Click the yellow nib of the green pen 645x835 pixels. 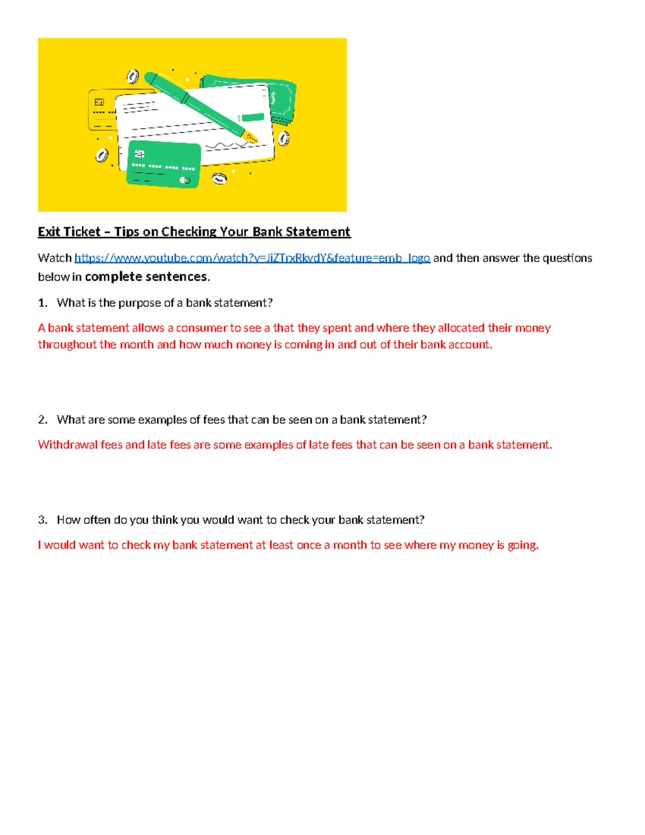coord(250,137)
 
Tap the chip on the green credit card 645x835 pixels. coord(140,154)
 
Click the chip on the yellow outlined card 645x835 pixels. coord(99,102)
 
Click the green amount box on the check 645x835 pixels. coord(253,117)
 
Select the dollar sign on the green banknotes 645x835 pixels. coord(274,98)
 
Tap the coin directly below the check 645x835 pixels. coord(219,179)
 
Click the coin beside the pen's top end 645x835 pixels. coord(133,76)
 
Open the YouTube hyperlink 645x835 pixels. coord(252,258)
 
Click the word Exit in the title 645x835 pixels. coord(49,232)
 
